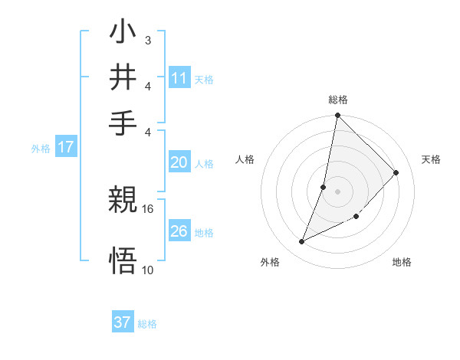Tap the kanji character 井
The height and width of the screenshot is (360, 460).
coord(124,77)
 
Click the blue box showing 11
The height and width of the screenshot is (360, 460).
coord(179,77)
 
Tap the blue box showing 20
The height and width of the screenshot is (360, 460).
coord(179,162)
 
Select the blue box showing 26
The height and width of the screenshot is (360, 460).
coord(179,231)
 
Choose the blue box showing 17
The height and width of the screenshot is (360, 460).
coord(65,147)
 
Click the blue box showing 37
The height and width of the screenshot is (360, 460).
coord(123,322)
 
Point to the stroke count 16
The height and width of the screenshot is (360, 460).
coord(148,208)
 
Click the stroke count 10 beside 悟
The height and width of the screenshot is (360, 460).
coord(148,270)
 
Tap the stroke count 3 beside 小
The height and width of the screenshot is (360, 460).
coord(147,38)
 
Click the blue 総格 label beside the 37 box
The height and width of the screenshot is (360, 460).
coord(147,324)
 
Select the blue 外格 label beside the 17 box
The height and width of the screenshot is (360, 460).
coord(41,149)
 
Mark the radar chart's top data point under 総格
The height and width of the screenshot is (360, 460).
coord(337,116)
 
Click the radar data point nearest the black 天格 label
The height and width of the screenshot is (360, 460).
coord(396,173)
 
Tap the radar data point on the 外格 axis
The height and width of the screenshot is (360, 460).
coord(302,242)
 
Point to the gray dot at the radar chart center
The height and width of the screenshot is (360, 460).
coord(337,191)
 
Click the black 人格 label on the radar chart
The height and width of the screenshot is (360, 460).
coord(245,159)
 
